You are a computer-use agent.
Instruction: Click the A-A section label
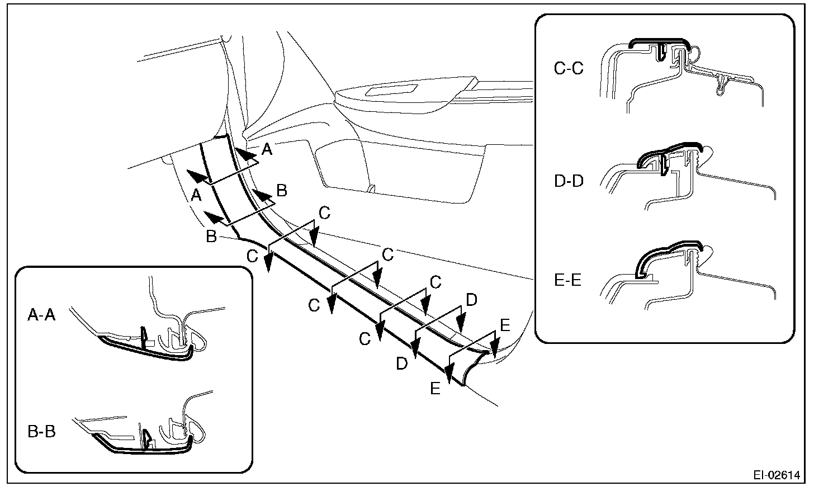[x=42, y=315]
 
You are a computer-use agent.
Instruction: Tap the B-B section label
[x=42, y=432]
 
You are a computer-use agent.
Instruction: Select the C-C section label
[x=569, y=69]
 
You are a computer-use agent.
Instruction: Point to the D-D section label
[x=569, y=181]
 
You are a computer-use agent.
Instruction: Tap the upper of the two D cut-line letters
[x=471, y=300]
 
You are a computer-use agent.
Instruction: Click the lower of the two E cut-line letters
[x=436, y=388]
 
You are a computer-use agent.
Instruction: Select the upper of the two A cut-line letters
[x=267, y=149]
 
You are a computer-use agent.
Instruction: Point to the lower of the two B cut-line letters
[x=211, y=237]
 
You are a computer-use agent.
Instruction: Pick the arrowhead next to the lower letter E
[x=448, y=369]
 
